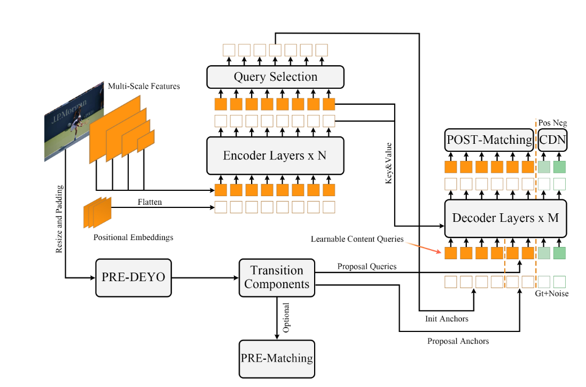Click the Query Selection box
(275, 77)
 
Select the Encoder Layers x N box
(275, 156)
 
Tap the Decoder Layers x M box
(505, 218)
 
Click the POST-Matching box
(490, 140)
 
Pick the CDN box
(552, 140)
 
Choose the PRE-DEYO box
(134, 277)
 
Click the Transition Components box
(277, 277)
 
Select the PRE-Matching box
(277, 358)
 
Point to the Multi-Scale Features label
(144, 86)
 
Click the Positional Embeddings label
(133, 237)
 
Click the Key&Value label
(388, 164)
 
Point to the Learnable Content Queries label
(357, 239)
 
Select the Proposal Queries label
(366, 266)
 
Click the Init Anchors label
(447, 319)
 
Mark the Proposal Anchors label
(458, 341)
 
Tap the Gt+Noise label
(552, 293)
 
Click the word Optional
(286, 318)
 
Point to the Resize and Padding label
(59, 219)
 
